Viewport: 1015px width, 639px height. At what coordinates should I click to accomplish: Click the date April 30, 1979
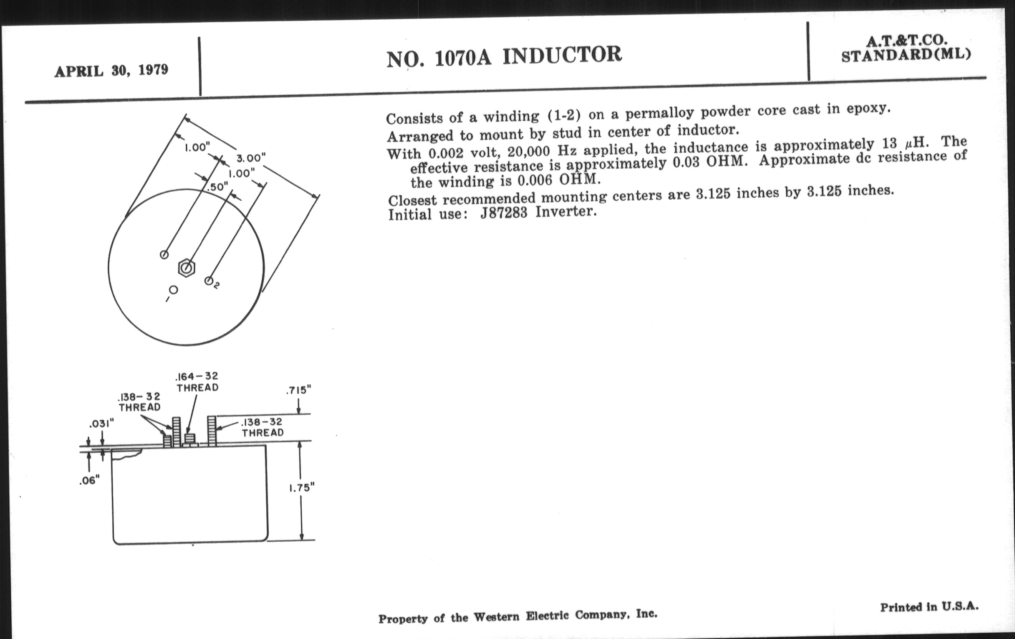pos(111,71)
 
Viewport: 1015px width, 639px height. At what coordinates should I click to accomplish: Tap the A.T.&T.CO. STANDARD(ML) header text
pos(906,49)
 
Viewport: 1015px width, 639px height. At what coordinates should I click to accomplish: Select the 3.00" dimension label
pos(251,158)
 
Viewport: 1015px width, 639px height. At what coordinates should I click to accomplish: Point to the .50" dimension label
pos(218,186)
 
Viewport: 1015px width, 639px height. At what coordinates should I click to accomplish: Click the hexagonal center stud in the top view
pos(186,267)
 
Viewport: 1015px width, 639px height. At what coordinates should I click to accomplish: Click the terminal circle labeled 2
pos(209,281)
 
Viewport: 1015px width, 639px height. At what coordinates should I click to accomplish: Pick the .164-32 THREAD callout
pos(197,382)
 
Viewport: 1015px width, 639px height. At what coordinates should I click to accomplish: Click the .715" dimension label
pos(298,390)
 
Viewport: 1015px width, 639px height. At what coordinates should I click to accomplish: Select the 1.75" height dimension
pos(302,488)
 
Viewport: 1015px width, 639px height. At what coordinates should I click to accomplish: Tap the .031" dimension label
pos(101,423)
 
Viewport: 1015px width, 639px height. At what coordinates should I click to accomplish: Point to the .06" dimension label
pos(89,480)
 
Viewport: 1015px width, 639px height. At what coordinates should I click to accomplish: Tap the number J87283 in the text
pos(504,213)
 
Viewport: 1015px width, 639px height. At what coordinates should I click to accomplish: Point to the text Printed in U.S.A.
pos(929,607)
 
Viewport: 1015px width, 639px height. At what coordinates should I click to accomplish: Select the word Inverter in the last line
pos(566,211)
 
